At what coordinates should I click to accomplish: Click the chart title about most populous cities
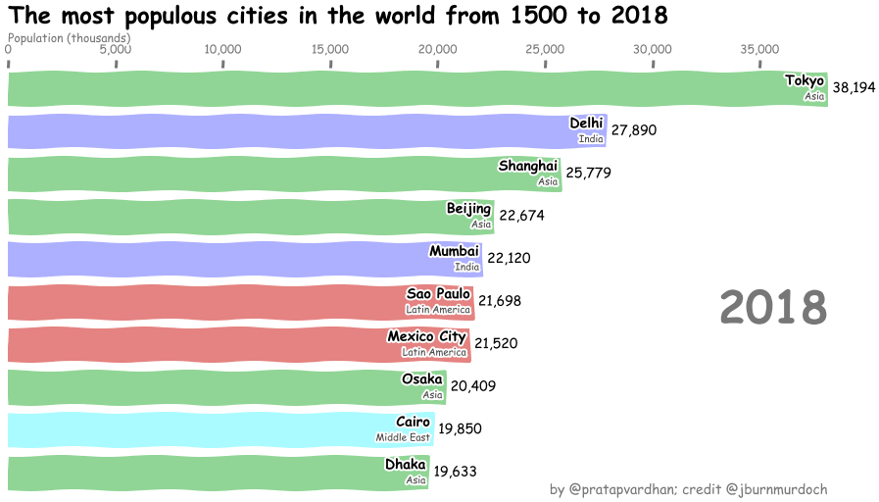(x=338, y=17)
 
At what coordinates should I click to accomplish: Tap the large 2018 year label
(x=773, y=308)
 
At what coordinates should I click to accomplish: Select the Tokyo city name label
(x=805, y=80)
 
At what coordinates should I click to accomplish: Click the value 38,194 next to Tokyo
(x=854, y=88)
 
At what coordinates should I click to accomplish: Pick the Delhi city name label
(x=586, y=123)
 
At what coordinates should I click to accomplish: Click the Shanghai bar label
(x=528, y=166)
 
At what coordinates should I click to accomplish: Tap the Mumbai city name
(x=454, y=251)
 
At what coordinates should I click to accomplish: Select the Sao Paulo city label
(x=439, y=294)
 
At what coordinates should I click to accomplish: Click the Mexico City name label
(x=427, y=336)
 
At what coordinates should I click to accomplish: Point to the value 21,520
(x=496, y=344)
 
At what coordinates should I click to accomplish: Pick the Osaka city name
(x=422, y=379)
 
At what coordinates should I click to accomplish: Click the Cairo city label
(x=413, y=422)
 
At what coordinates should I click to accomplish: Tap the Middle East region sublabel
(x=403, y=437)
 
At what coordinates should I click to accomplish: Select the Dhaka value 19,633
(x=456, y=472)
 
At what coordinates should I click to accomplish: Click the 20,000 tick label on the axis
(x=437, y=50)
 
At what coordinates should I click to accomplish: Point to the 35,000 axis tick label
(x=759, y=50)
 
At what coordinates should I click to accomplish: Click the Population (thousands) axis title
(x=69, y=38)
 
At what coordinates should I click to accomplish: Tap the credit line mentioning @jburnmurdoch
(x=689, y=488)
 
